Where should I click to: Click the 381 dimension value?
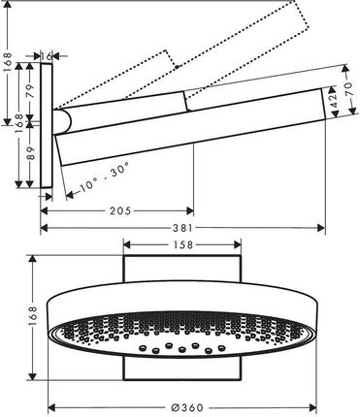[182, 228]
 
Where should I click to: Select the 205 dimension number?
[120, 211]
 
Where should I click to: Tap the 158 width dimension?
[182, 244]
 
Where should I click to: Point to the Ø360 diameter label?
[186, 408]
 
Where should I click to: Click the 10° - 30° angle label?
[104, 177]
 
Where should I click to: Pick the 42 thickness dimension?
[335, 101]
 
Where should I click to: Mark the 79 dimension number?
[30, 91]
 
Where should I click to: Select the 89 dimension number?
[30, 152]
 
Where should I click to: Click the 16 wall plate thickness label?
[47, 56]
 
